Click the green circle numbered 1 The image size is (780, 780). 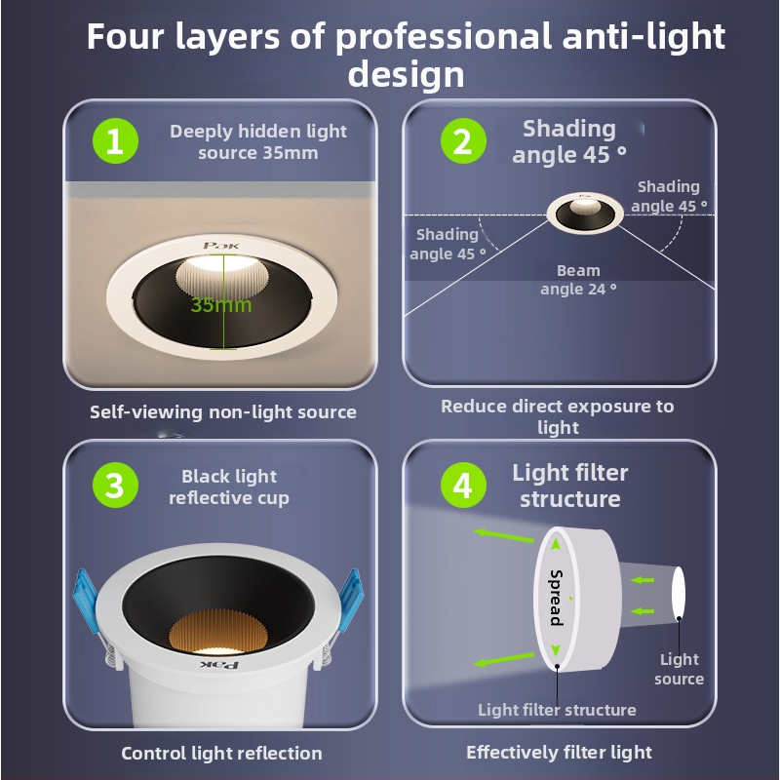pyautogui.click(x=115, y=140)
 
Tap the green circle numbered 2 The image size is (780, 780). pyautogui.click(x=463, y=140)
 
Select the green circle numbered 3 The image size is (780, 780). pyautogui.click(x=115, y=485)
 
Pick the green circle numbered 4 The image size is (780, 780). pyautogui.click(x=463, y=485)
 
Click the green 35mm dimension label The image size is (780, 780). pyautogui.click(x=221, y=304)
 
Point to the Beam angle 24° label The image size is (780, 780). pyautogui.click(x=578, y=280)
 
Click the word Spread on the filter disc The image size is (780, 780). pyautogui.click(x=557, y=597)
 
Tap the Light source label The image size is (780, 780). pyautogui.click(x=679, y=669)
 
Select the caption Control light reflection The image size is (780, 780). pyautogui.click(x=222, y=753)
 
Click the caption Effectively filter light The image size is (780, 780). pyautogui.click(x=559, y=752)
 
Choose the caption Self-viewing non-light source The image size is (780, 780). pyautogui.click(x=223, y=411)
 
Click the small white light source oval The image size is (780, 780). pyautogui.click(x=678, y=592)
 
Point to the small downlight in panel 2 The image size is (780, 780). pyautogui.click(x=584, y=213)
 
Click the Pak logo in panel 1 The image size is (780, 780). pyautogui.click(x=221, y=246)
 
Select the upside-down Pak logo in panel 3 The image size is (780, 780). pyautogui.click(x=219, y=665)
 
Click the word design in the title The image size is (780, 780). pyautogui.click(x=406, y=75)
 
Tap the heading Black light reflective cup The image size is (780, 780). pyautogui.click(x=229, y=487)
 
